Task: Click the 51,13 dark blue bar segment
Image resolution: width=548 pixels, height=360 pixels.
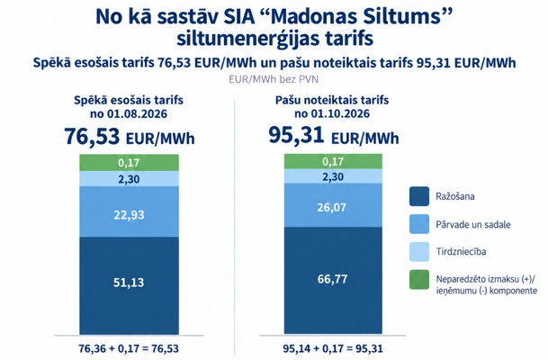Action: [x=129, y=285]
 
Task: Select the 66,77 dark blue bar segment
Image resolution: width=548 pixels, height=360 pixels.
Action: [x=333, y=280]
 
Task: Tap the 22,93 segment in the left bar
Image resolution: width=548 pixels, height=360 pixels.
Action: [x=129, y=211]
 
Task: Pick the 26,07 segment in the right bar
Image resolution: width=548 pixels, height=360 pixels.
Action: [x=333, y=205]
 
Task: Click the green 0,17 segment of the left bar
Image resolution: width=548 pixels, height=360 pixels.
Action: [x=129, y=163]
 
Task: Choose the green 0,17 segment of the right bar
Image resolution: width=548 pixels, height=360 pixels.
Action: [x=333, y=161]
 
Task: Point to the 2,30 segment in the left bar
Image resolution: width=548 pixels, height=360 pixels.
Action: [x=129, y=178]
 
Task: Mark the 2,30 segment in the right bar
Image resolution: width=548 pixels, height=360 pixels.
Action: [x=333, y=176]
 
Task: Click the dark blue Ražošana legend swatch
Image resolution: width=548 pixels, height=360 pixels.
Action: [x=419, y=196]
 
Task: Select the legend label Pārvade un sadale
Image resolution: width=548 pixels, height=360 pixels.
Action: [x=472, y=224]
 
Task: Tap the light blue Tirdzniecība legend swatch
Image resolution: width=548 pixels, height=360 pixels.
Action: [x=419, y=252]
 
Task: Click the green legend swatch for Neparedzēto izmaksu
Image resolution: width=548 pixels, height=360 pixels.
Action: [x=419, y=280]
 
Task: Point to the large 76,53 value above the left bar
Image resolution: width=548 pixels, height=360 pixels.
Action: [x=92, y=136]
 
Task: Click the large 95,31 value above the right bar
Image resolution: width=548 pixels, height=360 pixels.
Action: [x=296, y=135]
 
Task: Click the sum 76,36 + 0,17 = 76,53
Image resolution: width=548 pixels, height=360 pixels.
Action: [x=129, y=348]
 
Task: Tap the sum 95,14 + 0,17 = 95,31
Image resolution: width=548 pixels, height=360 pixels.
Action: [x=333, y=348]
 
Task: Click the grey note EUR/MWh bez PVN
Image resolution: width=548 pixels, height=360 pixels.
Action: [x=274, y=79]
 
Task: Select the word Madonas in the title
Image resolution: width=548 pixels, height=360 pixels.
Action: [x=314, y=16]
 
